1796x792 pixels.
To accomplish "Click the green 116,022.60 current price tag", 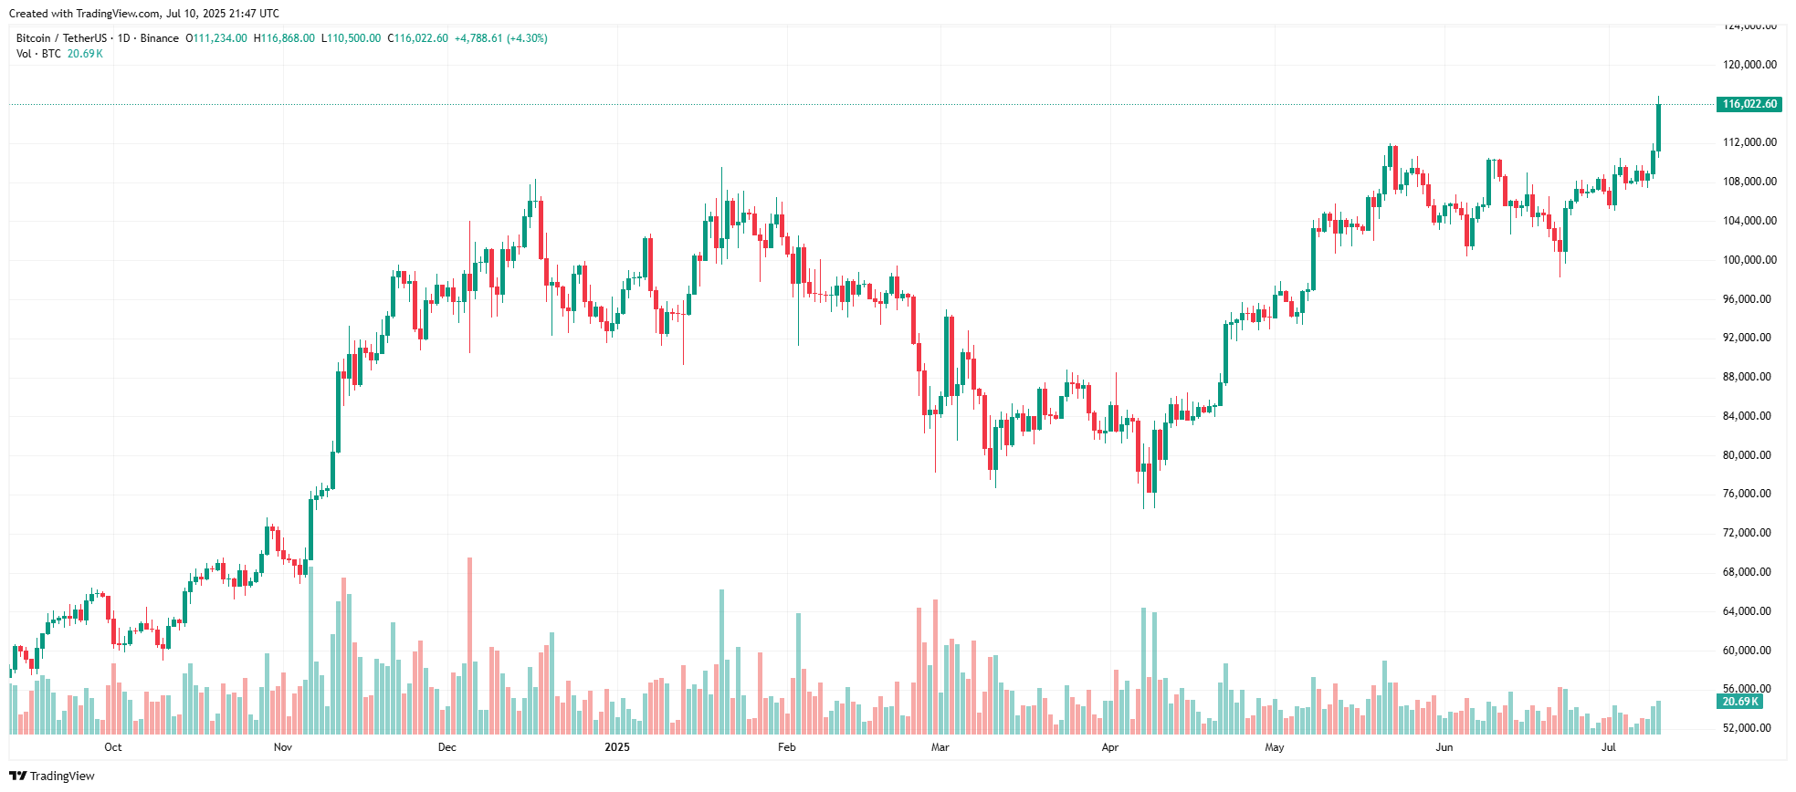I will [x=1749, y=104].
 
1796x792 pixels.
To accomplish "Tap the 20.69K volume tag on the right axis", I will [x=1740, y=702].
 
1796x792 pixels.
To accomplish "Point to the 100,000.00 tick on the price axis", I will [x=1749, y=260].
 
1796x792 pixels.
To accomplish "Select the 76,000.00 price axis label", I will [x=1749, y=494].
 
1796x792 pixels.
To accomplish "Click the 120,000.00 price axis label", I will [x=1749, y=65].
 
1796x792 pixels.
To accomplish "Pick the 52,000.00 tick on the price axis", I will [x=1749, y=728].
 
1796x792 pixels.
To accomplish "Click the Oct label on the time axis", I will [x=113, y=747].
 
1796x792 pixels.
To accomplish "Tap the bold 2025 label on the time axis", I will [x=617, y=747].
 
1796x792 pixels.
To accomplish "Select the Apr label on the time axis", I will [x=1110, y=747].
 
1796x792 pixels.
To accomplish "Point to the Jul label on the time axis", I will [x=1609, y=747].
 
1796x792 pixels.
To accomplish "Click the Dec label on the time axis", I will [x=447, y=747].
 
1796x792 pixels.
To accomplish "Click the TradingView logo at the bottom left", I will [x=52, y=776].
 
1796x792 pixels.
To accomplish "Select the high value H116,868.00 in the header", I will [x=284, y=38].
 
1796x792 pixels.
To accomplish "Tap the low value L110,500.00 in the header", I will [x=352, y=38].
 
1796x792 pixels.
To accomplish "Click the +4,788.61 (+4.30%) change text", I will [x=500, y=38].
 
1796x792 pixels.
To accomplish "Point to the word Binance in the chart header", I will [x=160, y=38].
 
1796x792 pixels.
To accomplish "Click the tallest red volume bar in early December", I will [x=470, y=646].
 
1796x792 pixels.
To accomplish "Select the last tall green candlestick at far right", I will [x=1658, y=128].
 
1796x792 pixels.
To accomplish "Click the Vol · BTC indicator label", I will [x=38, y=54].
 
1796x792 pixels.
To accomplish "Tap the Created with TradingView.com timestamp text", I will [x=144, y=14].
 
